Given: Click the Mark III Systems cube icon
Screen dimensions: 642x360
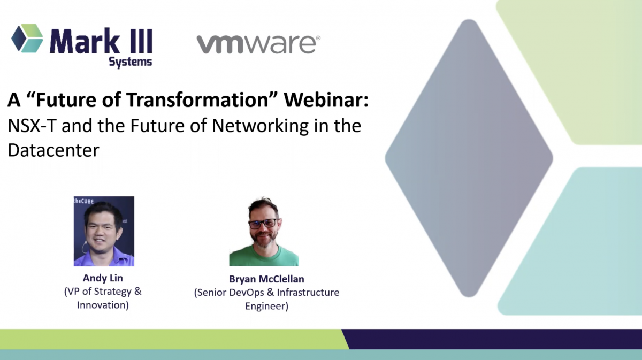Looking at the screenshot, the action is pos(27,38).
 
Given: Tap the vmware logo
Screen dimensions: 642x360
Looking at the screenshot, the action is pos(258,44).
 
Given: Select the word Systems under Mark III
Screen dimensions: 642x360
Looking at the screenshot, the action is pos(131,62).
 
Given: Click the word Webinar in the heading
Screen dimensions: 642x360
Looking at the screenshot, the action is pos(326,99).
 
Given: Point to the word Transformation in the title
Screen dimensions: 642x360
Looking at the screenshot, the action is pos(197,99).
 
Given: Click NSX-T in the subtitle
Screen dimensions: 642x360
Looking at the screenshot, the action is pos(32,126).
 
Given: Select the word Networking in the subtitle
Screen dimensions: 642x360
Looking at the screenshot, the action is pos(260,126).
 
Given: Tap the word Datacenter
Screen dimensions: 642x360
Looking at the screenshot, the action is pos(53,150).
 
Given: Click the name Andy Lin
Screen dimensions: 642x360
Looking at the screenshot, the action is pos(103,278).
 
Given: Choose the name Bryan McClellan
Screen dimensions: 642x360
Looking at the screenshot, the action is pos(266,279).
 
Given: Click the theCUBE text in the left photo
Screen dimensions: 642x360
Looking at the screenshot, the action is pos(83,201).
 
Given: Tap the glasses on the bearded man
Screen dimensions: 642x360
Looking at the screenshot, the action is pos(264,224).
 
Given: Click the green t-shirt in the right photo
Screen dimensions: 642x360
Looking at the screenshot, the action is pos(264,257).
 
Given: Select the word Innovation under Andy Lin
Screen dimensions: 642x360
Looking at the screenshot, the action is pos(103,305).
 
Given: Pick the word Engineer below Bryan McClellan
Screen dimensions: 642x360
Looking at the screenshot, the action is pos(266,306).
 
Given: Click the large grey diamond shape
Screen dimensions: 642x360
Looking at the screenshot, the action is pos(469,158).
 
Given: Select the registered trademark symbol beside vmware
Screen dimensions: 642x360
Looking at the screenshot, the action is pos(318,38).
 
